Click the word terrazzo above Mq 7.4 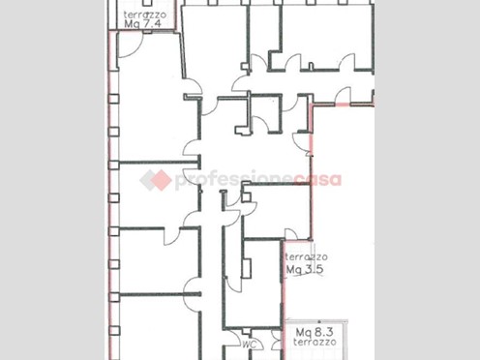pyautogui.click(x=145, y=15)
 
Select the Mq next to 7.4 pyautogui.click(x=132, y=24)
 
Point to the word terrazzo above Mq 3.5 pyautogui.click(x=307, y=257)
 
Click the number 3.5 pyautogui.click(x=313, y=269)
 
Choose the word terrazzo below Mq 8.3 pyautogui.click(x=315, y=342)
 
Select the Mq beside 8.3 pyautogui.click(x=304, y=332)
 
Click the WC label pyautogui.click(x=250, y=345)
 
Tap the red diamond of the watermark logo pyautogui.click(x=161, y=180)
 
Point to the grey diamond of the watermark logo pyautogui.click(x=147, y=180)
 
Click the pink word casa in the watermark pyautogui.click(x=317, y=180)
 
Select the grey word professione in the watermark pyautogui.click(x=234, y=181)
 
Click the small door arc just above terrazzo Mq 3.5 pyautogui.click(x=291, y=234)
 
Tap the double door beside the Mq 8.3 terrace pyautogui.click(x=277, y=341)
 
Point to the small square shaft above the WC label pyautogui.click(x=247, y=331)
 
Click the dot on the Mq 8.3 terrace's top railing pyautogui.click(x=319, y=321)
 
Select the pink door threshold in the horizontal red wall pyautogui.click(x=343, y=105)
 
